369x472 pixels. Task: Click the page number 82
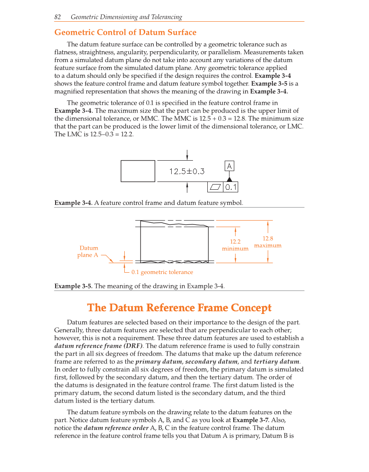[57, 17]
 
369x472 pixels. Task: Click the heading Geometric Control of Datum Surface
[125, 33]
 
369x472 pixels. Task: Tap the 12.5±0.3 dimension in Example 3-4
[186, 172]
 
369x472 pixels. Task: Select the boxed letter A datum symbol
[229, 166]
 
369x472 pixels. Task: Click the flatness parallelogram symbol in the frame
[215, 187]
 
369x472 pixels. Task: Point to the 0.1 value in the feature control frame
[231, 187]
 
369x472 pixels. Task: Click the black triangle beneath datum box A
[229, 179]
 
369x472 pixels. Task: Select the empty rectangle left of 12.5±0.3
[138, 171]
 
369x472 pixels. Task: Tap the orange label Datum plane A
[88, 251]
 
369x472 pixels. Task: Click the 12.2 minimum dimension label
[235, 245]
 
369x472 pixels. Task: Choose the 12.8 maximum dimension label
[268, 242]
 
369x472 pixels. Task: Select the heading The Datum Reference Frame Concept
[179, 308]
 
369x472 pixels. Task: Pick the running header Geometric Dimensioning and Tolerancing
[126, 17]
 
